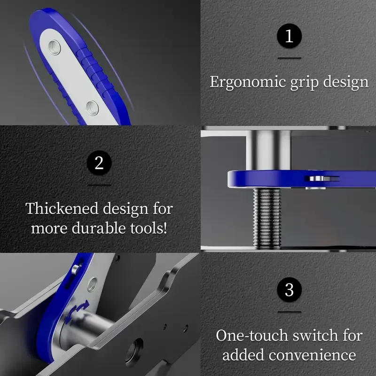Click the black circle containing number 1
pyautogui.click(x=289, y=36)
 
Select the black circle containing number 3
pyautogui.click(x=289, y=290)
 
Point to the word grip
pyautogui.click(x=302, y=82)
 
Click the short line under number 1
pyautogui.click(x=289, y=58)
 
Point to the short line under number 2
pyautogui.click(x=99, y=185)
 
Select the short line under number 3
pyautogui.click(x=289, y=312)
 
